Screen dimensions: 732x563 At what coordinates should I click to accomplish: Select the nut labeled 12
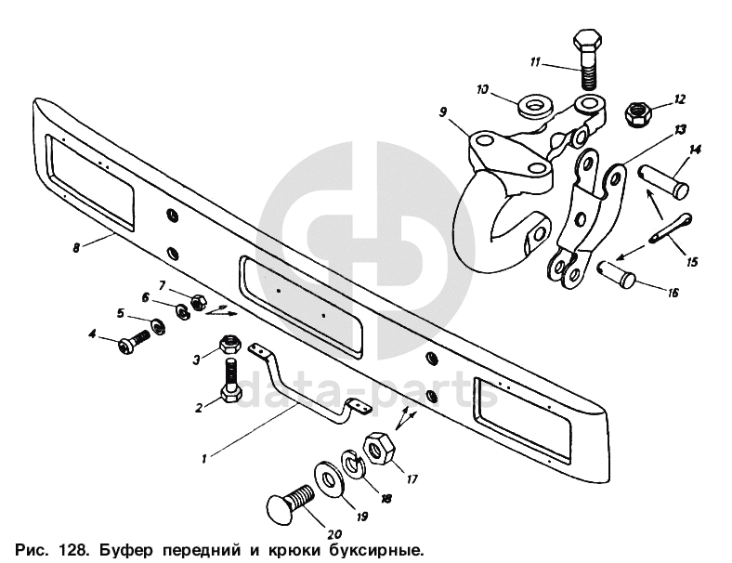[635, 115]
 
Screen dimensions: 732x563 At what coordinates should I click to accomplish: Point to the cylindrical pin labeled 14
[663, 182]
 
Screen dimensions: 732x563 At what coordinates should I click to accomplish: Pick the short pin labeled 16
[616, 274]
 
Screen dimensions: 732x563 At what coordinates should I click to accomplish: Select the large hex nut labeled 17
[379, 448]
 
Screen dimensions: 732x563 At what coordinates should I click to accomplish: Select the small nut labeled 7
[199, 303]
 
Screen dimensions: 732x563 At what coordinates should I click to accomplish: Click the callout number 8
[76, 247]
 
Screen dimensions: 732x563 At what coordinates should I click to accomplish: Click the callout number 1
[204, 460]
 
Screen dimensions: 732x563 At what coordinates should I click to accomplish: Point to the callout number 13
[680, 129]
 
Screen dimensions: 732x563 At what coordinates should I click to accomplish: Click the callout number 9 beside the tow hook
[443, 112]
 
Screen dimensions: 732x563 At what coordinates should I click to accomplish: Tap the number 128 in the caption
[72, 551]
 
